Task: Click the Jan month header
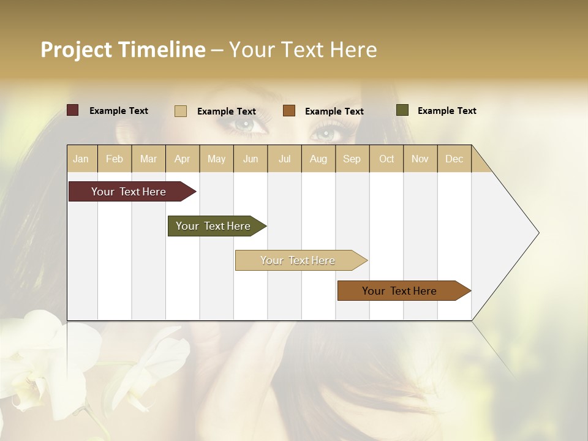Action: (81, 159)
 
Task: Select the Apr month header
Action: (182, 159)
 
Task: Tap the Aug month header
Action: (318, 159)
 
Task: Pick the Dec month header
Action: (454, 159)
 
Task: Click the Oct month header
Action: (386, 159)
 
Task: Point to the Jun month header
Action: (250, 159)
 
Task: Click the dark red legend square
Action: (72, 110)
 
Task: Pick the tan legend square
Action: (180, 111)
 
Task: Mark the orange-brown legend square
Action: (288, 111)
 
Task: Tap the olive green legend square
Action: (402, 110)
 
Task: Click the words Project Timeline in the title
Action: (123, 50)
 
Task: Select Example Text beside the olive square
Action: (447, 111)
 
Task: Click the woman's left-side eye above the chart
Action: (245, 126)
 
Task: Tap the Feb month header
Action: (115, 159)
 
